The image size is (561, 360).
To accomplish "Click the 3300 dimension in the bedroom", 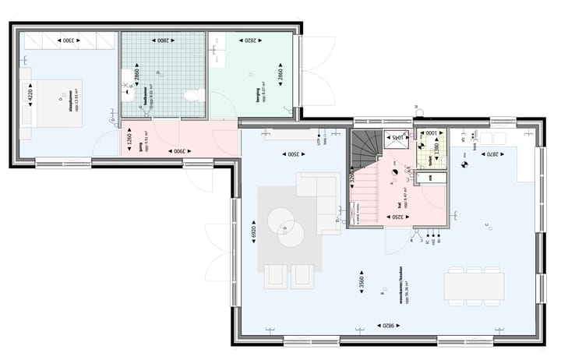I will pos(69,40).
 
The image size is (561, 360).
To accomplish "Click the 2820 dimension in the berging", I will pos(251,40).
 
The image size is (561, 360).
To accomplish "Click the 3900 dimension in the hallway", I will pos(178,150).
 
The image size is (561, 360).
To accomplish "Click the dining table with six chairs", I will pos(474,286).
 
